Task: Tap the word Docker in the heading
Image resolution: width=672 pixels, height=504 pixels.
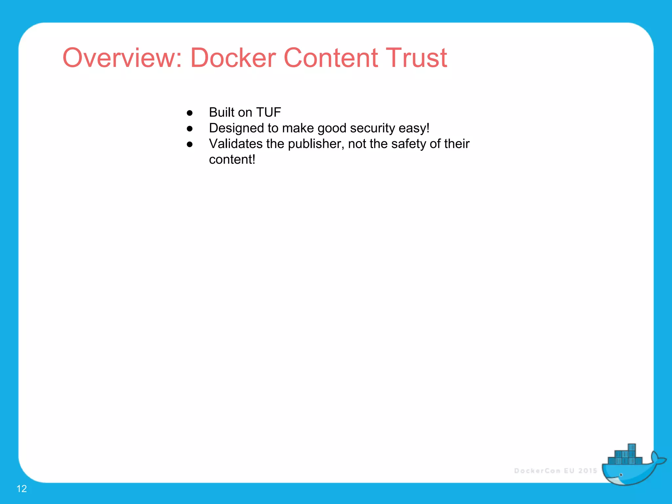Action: tap(233, 58)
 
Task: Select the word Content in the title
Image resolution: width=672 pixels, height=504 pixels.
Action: tap(330, 58)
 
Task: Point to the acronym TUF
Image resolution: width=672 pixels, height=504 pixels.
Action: tap(268, 113)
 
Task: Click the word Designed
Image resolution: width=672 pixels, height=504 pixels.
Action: tap(236, 128)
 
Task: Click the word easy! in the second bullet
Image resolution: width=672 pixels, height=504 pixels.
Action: tap(414, 128)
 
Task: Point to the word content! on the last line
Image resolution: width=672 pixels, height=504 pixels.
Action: tap(232, 160)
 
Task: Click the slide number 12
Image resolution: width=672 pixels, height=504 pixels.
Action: tap(22, 489)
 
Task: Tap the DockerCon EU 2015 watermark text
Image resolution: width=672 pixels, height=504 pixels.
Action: tap(556, 471)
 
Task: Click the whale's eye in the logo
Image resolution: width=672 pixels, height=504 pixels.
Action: tap(621, 475)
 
